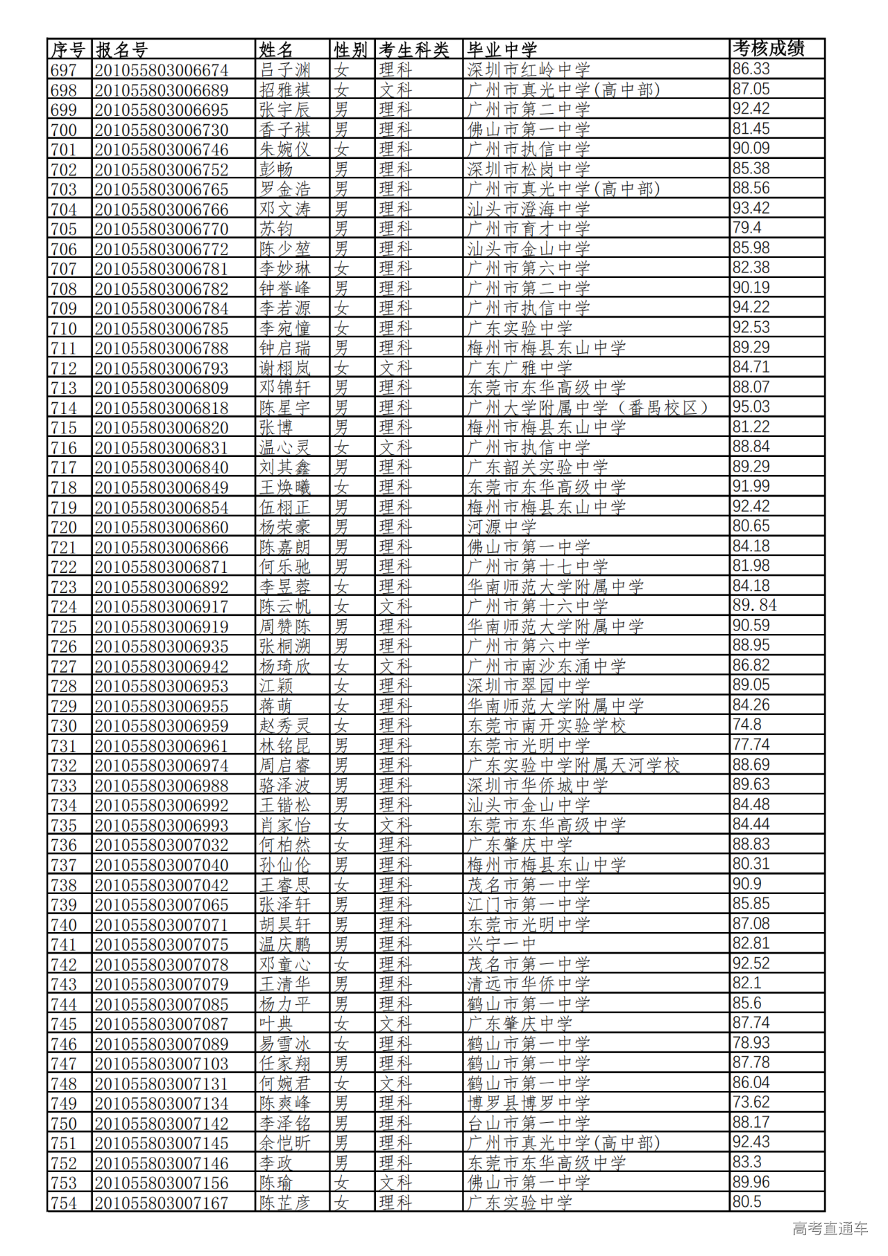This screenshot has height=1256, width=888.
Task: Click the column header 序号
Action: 68,50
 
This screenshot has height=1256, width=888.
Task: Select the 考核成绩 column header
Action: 769,49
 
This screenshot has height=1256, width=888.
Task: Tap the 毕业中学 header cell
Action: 502,50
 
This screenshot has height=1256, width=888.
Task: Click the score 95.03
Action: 751,407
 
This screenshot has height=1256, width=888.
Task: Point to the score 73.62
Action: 751,1103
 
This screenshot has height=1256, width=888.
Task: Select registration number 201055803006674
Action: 162,70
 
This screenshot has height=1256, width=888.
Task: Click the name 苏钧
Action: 276,229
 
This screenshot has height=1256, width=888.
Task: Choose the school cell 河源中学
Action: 502,527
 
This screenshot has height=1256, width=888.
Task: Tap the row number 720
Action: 64,527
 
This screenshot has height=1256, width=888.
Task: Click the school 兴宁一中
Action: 502,945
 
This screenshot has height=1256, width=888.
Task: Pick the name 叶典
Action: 276,1024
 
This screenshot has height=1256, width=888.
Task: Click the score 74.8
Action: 747,725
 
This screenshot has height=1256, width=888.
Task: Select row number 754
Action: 64,1203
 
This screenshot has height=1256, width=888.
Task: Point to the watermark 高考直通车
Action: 830,1229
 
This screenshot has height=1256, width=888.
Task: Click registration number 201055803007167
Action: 162,1203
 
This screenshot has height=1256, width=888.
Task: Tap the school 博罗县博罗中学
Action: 529,1103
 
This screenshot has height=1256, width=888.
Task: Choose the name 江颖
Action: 276,686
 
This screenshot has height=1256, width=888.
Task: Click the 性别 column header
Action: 351,50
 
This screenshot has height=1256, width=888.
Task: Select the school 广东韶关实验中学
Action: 538,467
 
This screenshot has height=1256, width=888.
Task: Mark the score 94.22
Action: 751,307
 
